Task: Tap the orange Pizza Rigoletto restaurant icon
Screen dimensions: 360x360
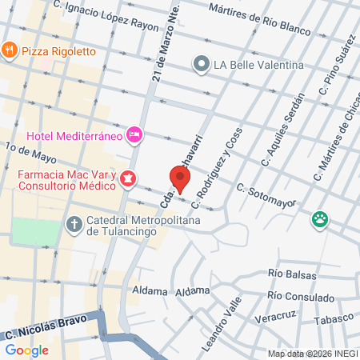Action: pyautogui.click(x=10, y=50)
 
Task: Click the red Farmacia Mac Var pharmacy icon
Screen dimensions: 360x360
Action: pyautogui.click(x=129, y=180)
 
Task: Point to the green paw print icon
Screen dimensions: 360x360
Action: pyautogui.click(x=321, y=218)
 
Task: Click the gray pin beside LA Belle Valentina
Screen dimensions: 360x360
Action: pyautogui.click(x=201, y=63)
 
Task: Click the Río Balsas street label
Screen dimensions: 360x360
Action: pyautogui.click(x=294, y=274)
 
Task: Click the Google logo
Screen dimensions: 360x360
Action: pyautogui.click(x=26, y=350)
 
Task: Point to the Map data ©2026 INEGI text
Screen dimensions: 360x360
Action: pyautogui.click(x=312, y=354)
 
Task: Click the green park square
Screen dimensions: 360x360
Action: pyautogui.click(x=35, y=232)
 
